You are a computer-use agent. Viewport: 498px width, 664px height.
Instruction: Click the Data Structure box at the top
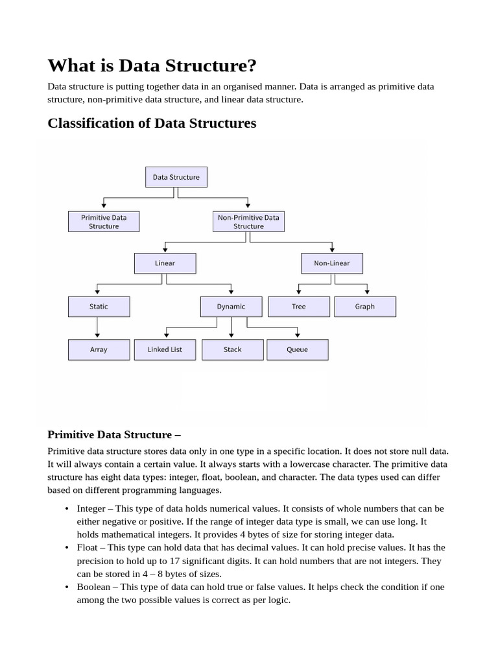[x=176, y=177]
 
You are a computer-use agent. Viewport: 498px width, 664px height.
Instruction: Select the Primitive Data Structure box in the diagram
[x=104, y=222]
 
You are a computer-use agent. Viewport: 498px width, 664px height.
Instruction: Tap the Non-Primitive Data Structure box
[x=248, y=222]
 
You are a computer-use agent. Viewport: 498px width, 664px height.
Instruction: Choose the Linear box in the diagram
[x=165, y=263]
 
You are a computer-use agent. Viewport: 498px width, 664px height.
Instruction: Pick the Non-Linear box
[x=332, y=263]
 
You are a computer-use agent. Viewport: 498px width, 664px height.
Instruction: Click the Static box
[x=99, y=307]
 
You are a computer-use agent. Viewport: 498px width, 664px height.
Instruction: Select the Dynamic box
[x=231, y=307]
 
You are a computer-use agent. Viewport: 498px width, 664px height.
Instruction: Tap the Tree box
[x=298, y=307]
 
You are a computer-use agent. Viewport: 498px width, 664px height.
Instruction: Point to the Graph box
[x=364, y=307]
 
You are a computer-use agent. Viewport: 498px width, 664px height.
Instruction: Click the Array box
[x=99, y=350]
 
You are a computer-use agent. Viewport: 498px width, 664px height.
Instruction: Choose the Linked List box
[x=165, y=350]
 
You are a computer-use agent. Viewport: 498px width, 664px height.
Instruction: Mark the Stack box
[x=232, y=350]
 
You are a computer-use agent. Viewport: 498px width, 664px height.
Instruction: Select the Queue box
[x=297, y=350]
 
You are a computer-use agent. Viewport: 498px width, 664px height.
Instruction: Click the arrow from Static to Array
[x=98, y=328]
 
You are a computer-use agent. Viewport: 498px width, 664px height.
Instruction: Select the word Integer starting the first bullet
[x=91, y=508]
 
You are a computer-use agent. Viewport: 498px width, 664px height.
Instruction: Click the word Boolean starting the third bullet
[x=93, y=587]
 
